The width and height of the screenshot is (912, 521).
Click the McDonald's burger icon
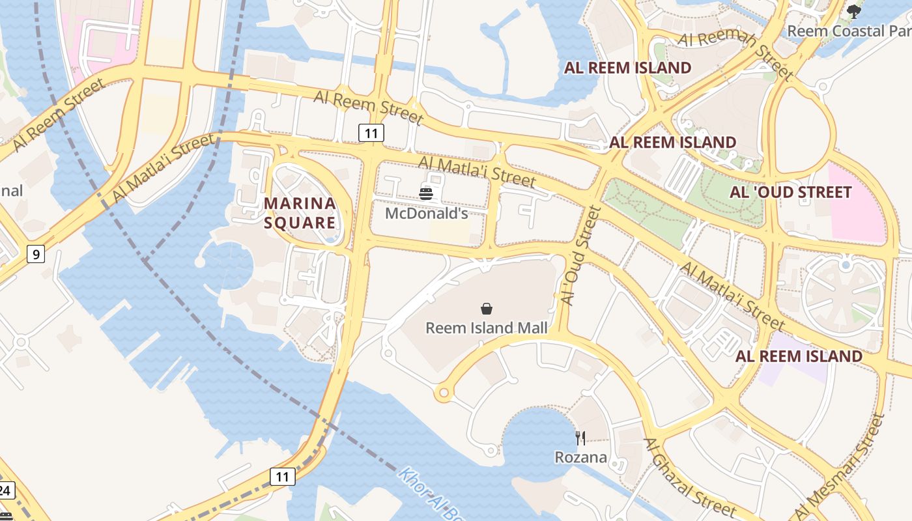pos(426,193)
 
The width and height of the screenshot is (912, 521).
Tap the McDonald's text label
pos(427,214)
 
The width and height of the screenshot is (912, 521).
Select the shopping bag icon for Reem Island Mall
pos(486,309)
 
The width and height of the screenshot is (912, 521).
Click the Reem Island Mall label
pos(486,328)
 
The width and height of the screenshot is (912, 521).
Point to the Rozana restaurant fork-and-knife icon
pos(580,438)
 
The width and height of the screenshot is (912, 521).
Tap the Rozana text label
pos(580,457)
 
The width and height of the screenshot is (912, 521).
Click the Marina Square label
pos(300,213)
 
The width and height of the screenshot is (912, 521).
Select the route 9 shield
pos(36,254)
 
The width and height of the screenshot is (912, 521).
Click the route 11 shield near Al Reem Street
pos(371,134)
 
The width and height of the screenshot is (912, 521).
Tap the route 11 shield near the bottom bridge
pos(283,477)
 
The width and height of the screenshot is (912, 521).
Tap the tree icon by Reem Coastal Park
pos(853,11)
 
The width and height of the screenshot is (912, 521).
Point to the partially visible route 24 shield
pos(5,490)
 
